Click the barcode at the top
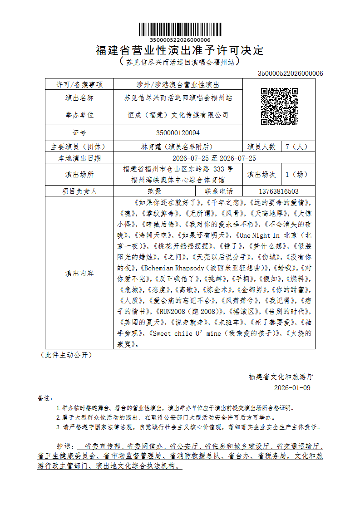click(180, 29)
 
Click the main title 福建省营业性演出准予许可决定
click(180, 50)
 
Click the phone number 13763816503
click(278, 191)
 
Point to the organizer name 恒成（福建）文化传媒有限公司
click(178, 115)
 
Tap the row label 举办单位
click(79, 115)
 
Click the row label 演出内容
click(79, 274)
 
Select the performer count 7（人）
click(296, 147)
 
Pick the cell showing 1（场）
click(296, 174)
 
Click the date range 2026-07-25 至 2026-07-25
click(214, 158)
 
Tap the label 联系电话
click(219, 191)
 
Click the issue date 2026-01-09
click(292, 388)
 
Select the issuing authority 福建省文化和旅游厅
click(281, 377)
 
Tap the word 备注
click(45, 398)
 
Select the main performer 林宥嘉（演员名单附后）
click(178, 147)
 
